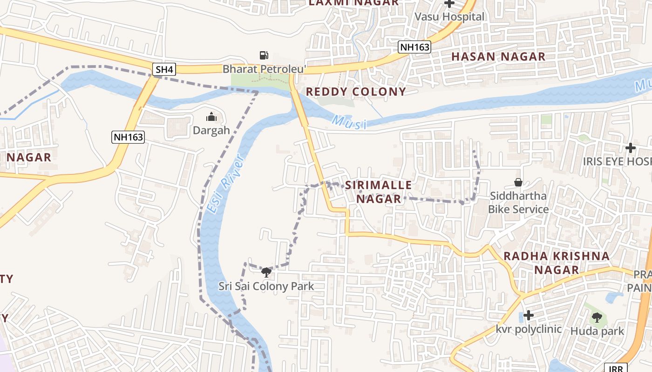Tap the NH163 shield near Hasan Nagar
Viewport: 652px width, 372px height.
point(414,47)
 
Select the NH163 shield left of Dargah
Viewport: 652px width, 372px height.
point(128,137)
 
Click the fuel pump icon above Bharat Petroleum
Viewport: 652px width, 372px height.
point(264,55)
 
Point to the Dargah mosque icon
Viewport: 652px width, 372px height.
point(211,117)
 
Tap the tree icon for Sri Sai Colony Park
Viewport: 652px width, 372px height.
point(266,272)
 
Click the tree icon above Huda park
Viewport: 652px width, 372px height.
point(597,318)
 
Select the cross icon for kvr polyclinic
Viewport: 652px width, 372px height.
point(528,316)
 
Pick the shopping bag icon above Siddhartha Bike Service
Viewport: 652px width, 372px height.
point(518,182)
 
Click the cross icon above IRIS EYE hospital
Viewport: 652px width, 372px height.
point(631,148)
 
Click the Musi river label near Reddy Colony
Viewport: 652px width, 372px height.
point(349,122)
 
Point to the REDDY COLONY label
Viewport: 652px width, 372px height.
point(356,92)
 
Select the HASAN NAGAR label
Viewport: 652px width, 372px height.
point(498,57)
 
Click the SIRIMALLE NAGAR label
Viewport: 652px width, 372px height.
point(378,192)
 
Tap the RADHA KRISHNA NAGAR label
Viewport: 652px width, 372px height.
point(556,263)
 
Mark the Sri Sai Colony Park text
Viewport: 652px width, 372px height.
point(266,286)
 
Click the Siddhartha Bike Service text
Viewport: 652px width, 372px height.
point(518,202)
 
